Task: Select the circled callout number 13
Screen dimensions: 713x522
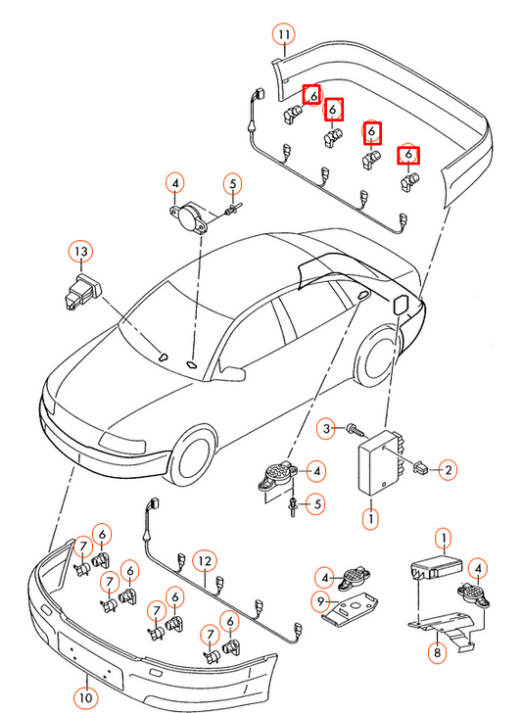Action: point(80,253)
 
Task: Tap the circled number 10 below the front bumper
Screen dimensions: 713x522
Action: point(87,697)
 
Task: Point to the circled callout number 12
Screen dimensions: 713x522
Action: point(203,561)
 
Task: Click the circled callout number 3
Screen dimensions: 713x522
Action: point(330,428)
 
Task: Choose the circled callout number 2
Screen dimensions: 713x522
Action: point(448,470)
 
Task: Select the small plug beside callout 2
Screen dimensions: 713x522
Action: point(420,468)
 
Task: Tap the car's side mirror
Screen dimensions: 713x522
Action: point(232,372)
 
